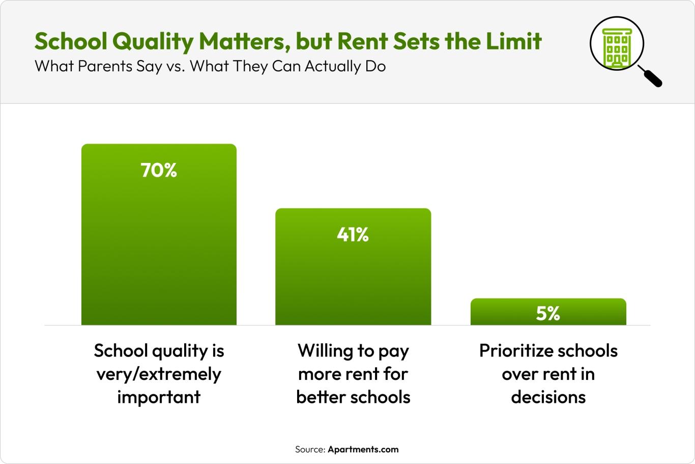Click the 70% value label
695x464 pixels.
click(x=159, y=171)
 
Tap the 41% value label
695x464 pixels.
click(x=353, y=235)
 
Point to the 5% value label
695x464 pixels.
click(x=548, y=314)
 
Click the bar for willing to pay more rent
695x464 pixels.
click(x=353, y=280)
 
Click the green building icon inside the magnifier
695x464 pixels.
click(x=617, y=47)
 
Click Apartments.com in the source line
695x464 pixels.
click(x=363, y=449)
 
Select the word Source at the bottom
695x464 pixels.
click(x=310, y=449)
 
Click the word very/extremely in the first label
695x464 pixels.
click(x=159, y=374)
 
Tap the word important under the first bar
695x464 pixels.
click(x=159, y=397)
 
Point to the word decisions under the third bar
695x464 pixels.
click(x=548, y=397)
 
